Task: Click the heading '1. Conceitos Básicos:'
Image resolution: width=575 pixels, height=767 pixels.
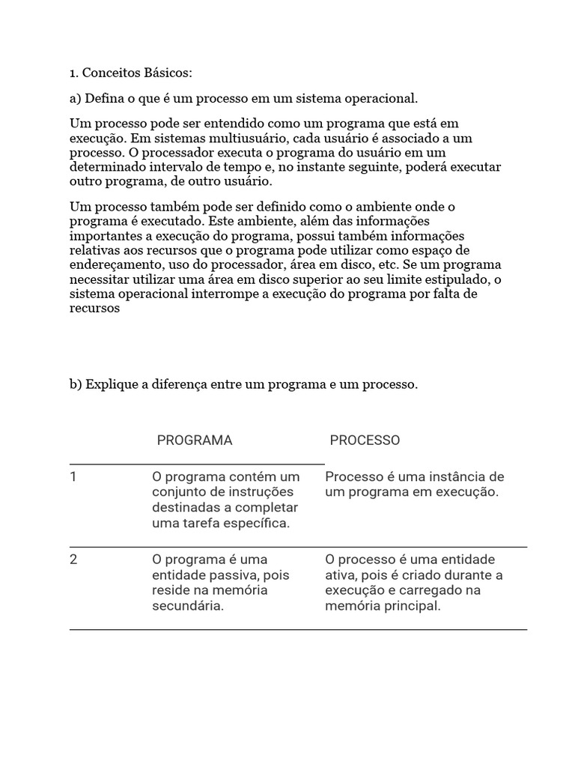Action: pos(131,73)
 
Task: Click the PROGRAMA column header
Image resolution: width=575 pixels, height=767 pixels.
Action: pos(195,440)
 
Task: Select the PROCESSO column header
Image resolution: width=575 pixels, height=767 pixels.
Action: pos(365,440)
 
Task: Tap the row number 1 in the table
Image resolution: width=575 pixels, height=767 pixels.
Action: pos(73,477)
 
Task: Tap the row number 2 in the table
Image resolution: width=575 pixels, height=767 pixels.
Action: pos(73,560)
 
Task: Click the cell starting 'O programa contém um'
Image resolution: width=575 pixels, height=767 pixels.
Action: pos(225,500)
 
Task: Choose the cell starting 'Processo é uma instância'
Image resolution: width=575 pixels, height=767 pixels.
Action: pos(415,485)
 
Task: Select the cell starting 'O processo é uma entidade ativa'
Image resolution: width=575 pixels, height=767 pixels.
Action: pos(414,583)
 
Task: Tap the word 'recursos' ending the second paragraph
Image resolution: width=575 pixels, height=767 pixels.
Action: pos(94,308)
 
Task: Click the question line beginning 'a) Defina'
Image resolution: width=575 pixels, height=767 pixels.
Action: pos(244,98)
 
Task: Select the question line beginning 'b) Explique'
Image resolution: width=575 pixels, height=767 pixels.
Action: pos(244,384)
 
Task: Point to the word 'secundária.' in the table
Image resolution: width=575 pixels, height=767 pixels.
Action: pos(188,607)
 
